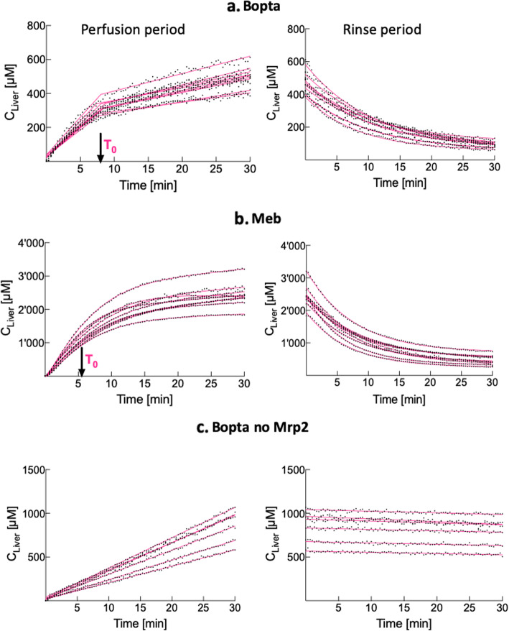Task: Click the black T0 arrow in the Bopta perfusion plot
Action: pyautogui.click(x=100, y=148)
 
